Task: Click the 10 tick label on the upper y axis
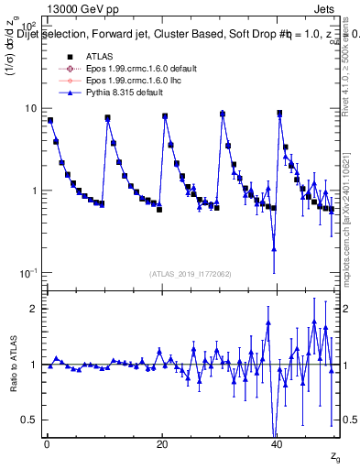(29, 108)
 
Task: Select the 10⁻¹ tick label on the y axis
(26, 273)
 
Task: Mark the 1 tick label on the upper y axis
(33, 191)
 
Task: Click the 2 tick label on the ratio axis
(33, 309)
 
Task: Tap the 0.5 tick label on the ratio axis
(27, 420)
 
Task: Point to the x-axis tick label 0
(46, 444)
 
